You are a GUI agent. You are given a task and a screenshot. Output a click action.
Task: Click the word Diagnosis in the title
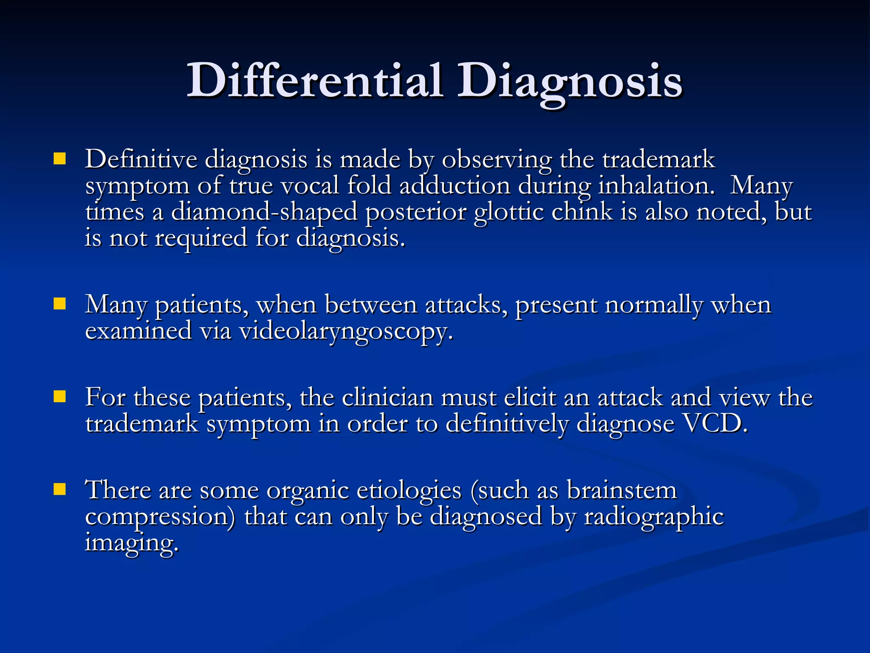tap(569, 81)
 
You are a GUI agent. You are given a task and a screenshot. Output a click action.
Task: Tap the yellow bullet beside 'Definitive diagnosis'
tap(59, 159)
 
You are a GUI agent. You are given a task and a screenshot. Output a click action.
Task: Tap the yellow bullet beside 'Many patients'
tap(59, 304)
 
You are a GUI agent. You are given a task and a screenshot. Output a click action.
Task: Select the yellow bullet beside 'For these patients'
tap(59, 397)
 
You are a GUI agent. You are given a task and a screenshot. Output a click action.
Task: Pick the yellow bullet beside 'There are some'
tap(59, 489)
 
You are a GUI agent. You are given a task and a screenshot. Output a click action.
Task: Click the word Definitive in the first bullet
tap(141, 159)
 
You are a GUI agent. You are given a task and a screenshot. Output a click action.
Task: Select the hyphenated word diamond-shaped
tap(264, 212)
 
